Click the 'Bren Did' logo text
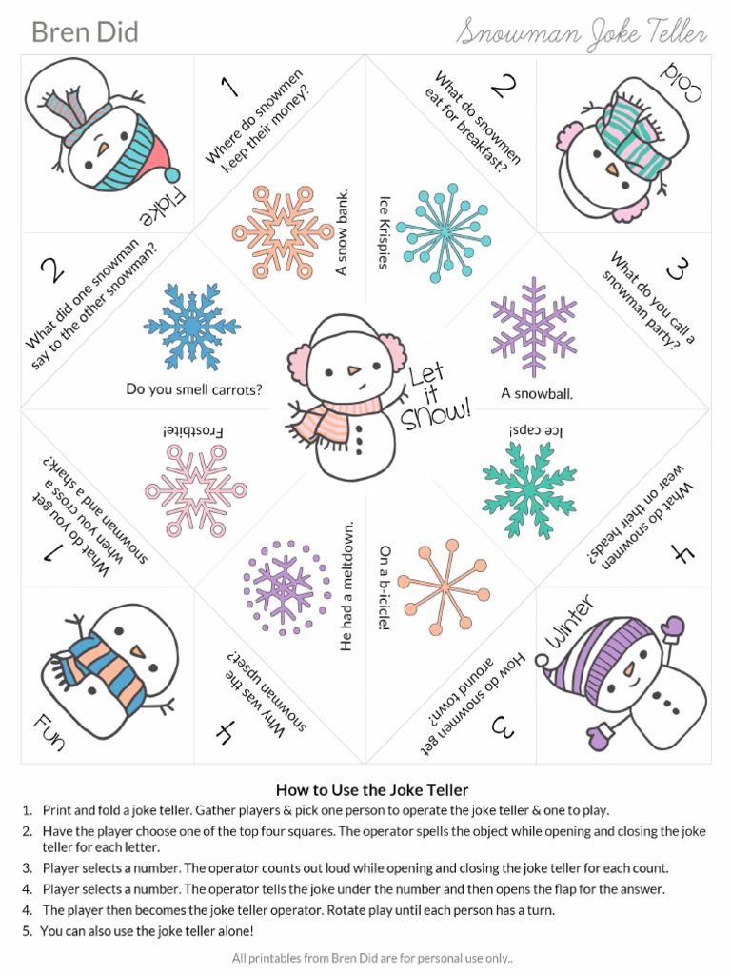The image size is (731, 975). tap(85, 32)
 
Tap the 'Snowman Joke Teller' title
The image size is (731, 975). tap(582, 34)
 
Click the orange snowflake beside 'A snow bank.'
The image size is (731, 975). tap(283, 231)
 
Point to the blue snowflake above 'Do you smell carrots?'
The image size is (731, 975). tap(192, 327)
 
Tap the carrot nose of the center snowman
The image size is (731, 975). tap(353, 368)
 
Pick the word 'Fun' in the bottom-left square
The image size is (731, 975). tap(48, 729)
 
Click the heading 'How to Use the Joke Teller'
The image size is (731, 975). tap(372, 789)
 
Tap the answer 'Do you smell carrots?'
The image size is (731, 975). tap(194, 389)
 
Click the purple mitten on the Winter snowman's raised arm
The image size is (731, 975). tap(672, 627)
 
